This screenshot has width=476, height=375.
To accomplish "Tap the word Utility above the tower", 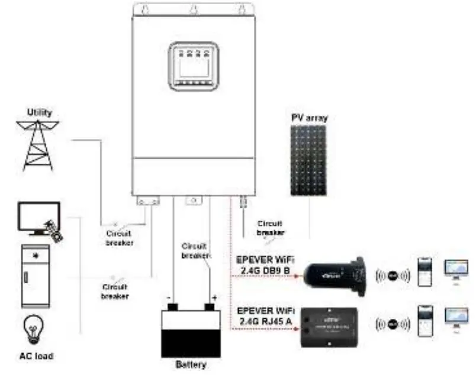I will [x=39, y=112].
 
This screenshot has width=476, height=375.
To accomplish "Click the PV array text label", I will [x=309, y=118].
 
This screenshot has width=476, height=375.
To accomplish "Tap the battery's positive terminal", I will [x=210, y=306].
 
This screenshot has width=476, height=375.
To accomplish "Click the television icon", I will [x=38, y=218].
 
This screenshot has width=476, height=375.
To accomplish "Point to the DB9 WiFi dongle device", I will [x=334, y=273].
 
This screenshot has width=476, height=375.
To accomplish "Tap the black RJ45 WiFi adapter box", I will [x=330, y=324].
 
